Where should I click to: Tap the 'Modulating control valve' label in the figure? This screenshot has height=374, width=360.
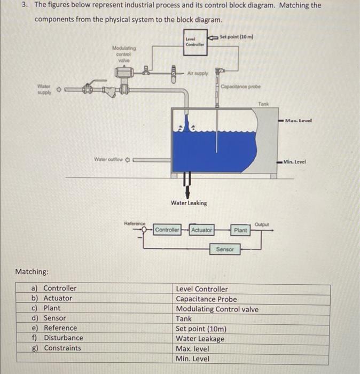coord(124,54)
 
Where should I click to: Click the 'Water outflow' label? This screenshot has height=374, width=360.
coord(108,159)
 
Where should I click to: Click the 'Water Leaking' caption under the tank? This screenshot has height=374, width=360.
coord(189,203)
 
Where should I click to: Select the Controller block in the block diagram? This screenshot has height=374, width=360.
coord(167,230)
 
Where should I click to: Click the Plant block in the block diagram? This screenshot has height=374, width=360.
coord(240,230)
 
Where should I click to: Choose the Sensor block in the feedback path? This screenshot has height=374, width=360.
coord(224,250)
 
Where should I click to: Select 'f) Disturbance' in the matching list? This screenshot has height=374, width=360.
coord(58,338)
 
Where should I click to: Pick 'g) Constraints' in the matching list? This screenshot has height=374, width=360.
coord(57,348)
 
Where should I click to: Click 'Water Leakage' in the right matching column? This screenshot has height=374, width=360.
coord(200,338)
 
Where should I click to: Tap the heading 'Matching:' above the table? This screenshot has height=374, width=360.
coord(32,272)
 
